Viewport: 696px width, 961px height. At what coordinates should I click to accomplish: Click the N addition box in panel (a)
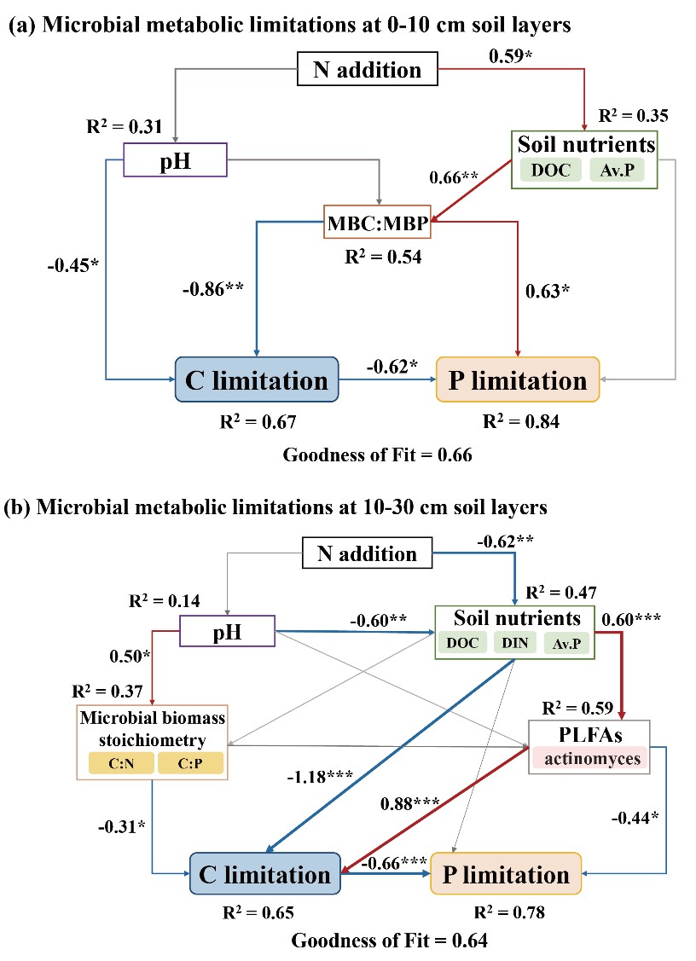(367, 69)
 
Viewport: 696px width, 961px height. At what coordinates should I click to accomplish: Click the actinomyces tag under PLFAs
(589, 758)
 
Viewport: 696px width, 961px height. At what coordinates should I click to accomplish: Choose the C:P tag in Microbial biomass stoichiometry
(189, 762)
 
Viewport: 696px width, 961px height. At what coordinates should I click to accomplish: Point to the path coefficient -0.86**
(212, 287)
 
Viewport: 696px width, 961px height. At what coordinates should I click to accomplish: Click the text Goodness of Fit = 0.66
(378, 454)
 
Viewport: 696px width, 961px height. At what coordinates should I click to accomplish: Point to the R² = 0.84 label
(521, 421)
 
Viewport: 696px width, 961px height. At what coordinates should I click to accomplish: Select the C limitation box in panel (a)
(257, 379)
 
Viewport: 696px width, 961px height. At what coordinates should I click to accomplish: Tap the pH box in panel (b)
(227, 633)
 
